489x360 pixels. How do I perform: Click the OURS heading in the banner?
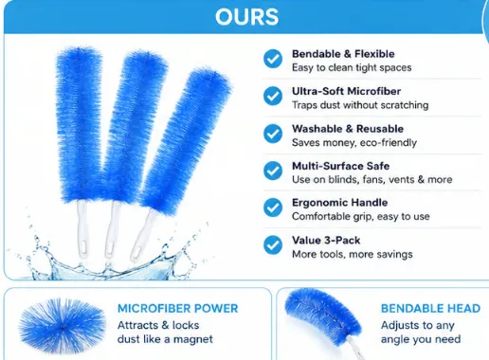[246, 17]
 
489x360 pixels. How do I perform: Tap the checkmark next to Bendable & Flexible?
[273, 59]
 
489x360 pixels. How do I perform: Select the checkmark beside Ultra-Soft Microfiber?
[273, 96]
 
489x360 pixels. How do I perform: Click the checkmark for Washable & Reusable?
[273, 134]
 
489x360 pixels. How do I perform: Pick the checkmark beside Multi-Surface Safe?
[273, 171]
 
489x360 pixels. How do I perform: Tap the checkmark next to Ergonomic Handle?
[273, 207]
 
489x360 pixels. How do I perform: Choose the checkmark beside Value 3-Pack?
[273, 245]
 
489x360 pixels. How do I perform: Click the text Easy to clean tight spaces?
[352, 68]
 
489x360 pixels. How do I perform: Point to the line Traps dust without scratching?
[360, 105]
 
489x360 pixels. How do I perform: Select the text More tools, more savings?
[353, 254]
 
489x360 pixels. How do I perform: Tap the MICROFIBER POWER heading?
[177, 309]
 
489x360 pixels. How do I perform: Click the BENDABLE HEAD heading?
[430, 309]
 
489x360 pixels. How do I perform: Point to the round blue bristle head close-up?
[63, 326]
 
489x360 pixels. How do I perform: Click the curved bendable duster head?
[322, 315]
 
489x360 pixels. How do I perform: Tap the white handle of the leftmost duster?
[82, 229]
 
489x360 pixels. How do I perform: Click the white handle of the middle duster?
[112, 230]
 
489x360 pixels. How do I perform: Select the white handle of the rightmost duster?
[143, 235]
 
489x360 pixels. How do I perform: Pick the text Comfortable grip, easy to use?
[361, 217]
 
